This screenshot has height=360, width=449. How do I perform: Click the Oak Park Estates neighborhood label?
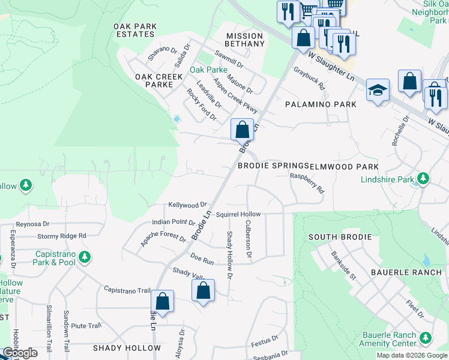click(x=135, y=30)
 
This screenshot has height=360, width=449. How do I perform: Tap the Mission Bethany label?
click(x=245, y=40)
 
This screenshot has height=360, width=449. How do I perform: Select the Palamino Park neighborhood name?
click(x=321, y=104)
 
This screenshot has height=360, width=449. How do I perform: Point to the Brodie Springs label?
click(x=273, y=166)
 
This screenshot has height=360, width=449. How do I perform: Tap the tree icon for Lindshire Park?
click(x=423, y=178)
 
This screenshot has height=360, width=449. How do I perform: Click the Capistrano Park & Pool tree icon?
click(x=85, y=257)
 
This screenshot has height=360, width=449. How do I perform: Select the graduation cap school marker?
click(x=378, y=90)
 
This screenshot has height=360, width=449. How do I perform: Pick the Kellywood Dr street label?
click(x=187, y=205)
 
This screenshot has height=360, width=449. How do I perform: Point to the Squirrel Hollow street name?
click(x=238, y=214)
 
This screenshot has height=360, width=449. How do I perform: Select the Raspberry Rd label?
click(x=307, y=182)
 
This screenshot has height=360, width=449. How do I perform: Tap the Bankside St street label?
click(x=344, y=266)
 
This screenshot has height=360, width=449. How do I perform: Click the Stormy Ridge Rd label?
click(x=62, y=236)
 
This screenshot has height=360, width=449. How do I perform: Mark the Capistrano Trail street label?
click(x=127, y=290)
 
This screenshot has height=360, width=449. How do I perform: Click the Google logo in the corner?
click(x=20, y=353)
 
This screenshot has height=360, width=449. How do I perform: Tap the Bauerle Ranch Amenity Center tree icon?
click(x=425, y=338)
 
